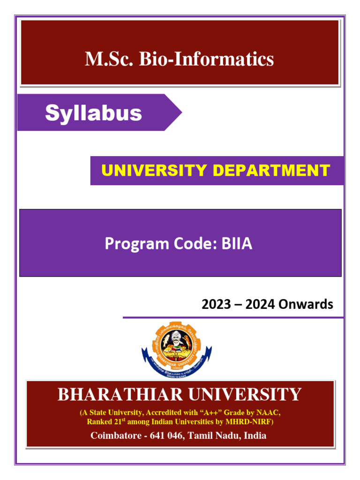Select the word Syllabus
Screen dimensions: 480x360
point(93,113)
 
